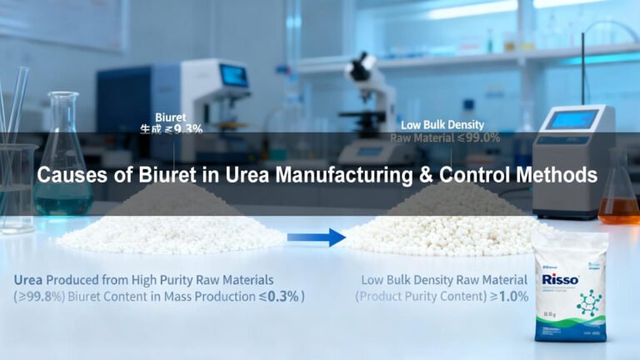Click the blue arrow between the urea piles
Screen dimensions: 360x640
(316, 237)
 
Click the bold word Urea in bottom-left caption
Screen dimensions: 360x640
(32, 279)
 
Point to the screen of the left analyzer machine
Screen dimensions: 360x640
(234, 75)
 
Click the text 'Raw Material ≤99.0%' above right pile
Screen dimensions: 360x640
(445, 137)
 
